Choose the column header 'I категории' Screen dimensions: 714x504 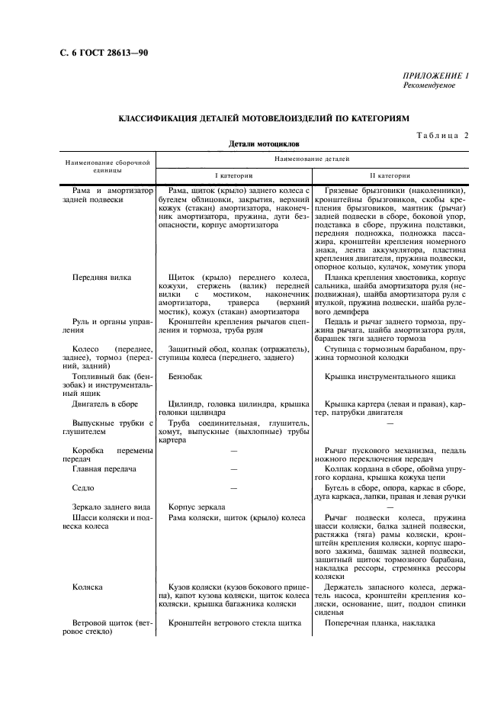click(233, 175)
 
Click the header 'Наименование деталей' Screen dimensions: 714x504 click(313, 159)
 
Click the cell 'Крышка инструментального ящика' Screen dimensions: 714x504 click(390, 376)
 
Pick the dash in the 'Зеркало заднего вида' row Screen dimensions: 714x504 click(391, 506)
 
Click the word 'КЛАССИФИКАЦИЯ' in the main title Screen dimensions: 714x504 click(159, 118)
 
